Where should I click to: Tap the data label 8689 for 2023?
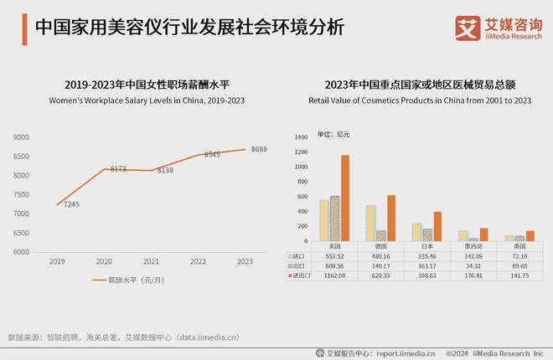pos(259,149)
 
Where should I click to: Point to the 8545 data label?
pos(213,155)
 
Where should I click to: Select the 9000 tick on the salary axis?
pos(21,136)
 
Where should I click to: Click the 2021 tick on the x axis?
pos(150,262)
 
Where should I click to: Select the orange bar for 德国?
pos(390,219)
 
